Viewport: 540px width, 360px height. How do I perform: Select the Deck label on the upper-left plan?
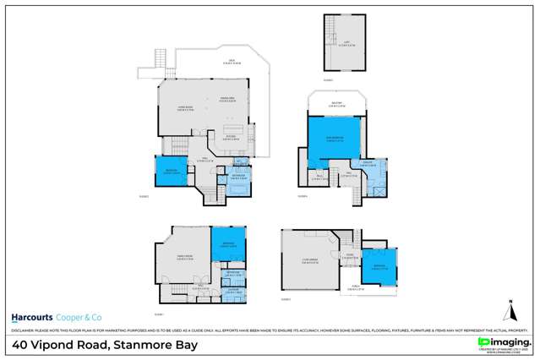(x=230, y=61)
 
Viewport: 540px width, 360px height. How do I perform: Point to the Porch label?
(x=357, y=286)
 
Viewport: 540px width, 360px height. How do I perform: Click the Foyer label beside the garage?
(x=349, y=256)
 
